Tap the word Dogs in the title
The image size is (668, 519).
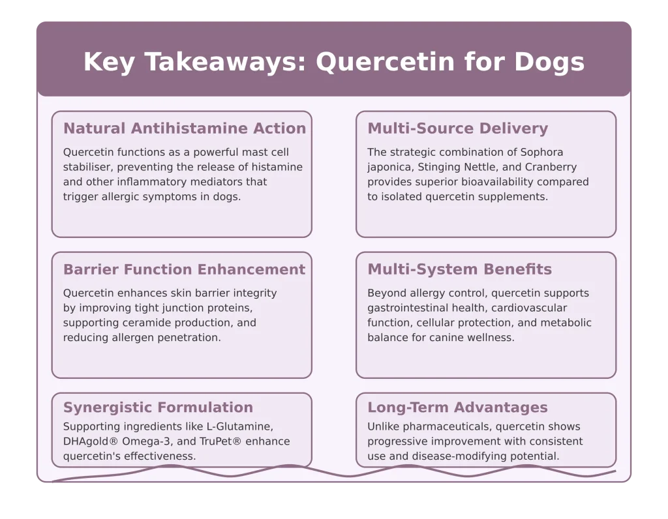click(x=549, y=63)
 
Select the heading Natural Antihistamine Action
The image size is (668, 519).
click(x=185, y=129)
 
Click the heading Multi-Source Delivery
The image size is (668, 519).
click(x=458, y=129)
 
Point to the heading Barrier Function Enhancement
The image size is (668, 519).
click(x=184, y=270)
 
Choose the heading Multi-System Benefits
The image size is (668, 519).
click(x=460, y=270)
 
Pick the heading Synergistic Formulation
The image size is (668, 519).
click(x=158, y=408)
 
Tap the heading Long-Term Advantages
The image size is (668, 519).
click(x=457, y=408)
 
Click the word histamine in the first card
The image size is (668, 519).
click(x=279, y=167)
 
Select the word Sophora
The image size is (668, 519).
click(x=541, y=153)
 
